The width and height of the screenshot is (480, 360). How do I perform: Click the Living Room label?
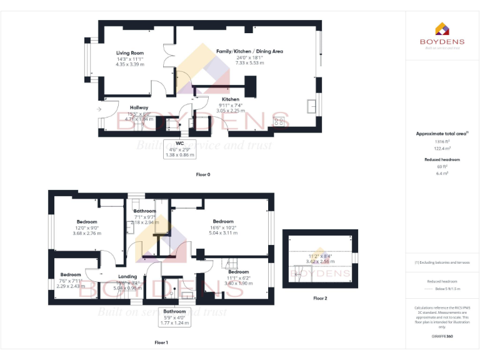[130, 53]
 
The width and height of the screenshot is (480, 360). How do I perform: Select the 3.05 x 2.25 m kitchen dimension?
[230, 111]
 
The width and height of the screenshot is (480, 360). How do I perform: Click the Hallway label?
[139, 107]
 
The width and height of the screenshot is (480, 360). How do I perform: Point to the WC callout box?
[179, 149]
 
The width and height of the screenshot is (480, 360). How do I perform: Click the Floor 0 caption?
[203, 174]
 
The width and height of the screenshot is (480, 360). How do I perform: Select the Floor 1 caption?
[162, 342]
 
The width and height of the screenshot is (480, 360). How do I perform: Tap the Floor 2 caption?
[320, 298]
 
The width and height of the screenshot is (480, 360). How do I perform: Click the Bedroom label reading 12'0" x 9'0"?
[87, 222]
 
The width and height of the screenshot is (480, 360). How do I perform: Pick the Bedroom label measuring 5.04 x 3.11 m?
[223, 222]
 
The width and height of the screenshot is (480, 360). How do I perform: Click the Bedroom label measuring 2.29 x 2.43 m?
[71, 275]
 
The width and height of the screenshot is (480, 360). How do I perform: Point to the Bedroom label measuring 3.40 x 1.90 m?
[238, 272]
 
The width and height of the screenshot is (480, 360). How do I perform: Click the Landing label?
[127, 276]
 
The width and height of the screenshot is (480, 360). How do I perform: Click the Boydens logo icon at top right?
[442, 29]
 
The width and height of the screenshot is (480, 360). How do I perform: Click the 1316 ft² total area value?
[442, 141]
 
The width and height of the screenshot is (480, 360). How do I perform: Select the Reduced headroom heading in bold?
[442, 159]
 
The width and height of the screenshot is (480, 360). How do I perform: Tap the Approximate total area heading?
[442, 134]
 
